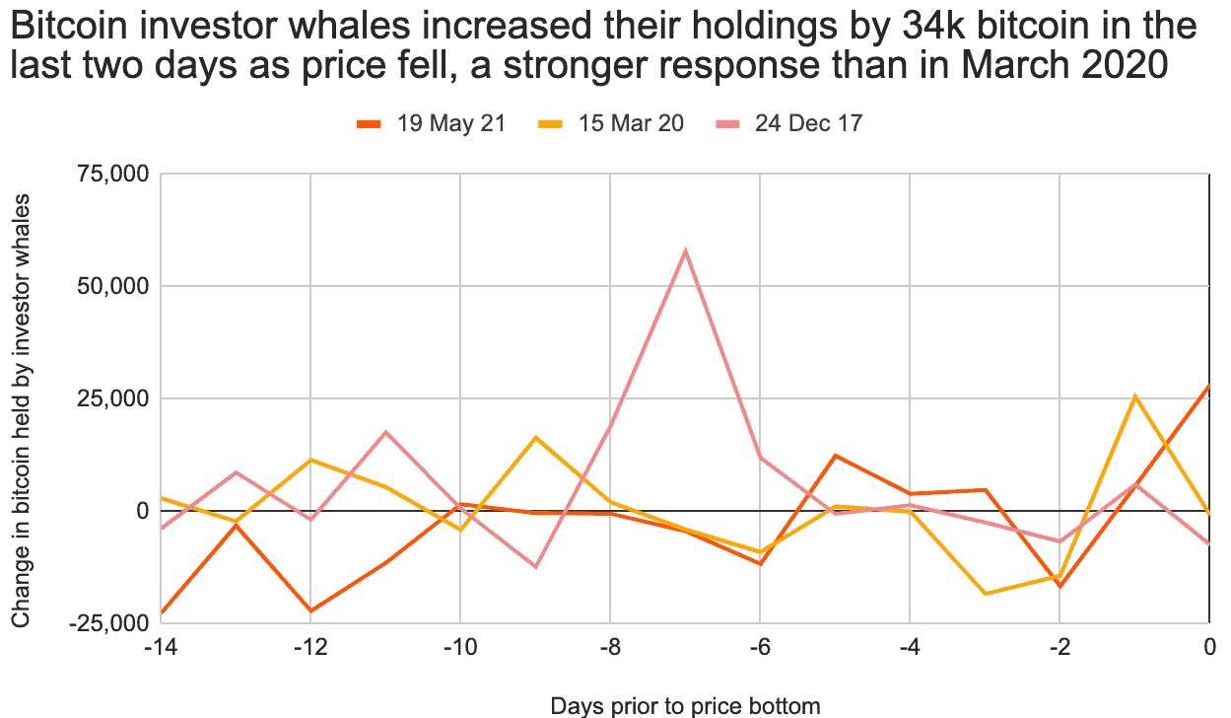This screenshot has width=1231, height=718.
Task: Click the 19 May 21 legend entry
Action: pyautogui.click(x=431, y=123)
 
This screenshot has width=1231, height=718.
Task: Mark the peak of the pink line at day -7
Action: pyautogui.click(x=685, y=251)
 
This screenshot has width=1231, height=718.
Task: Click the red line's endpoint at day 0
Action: pyautogui.click(x=1208, y=386)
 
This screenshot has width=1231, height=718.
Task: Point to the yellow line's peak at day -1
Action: pyautogui.click(x=1134, y=395)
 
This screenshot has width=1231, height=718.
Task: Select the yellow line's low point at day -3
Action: pyautogui.click(x=985, y=594)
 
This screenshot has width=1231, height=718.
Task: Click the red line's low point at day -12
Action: pyautogui.click(x=310, y=611)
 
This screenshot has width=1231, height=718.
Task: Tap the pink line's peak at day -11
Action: pyautogui.click(x=386, y=432)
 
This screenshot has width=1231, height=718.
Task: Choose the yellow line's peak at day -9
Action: pyautogui.click(x=535, y=437)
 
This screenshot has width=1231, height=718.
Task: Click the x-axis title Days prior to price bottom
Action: pyautogui.click(x=685, y=705)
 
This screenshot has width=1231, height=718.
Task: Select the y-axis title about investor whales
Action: pyautogui.click(x=22, y=409)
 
